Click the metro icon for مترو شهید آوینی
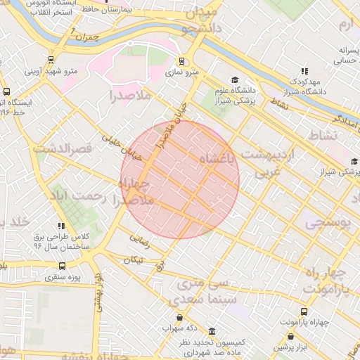(x=51, y=60)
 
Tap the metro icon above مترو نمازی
(x=182, y=60)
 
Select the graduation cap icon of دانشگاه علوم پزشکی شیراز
(x=234, y=80)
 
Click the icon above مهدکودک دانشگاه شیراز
(x=304, y=71)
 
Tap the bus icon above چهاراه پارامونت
(x=304, y=311)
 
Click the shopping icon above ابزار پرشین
(x=291, y=336)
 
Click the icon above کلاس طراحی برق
(x=62, y=226)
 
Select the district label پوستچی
(x=326, y=222)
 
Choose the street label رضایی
(x=139, y=239)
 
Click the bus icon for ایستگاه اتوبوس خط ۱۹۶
(x=7, y=91)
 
